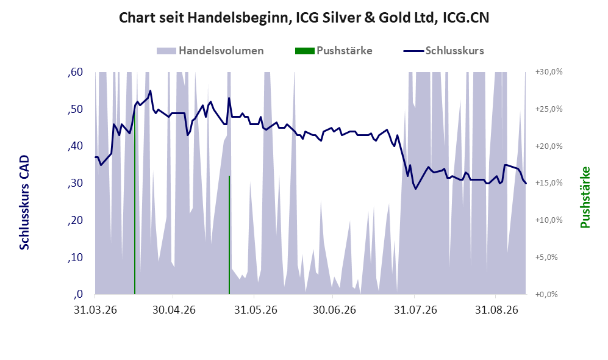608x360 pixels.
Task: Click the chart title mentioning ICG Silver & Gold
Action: [304, 18]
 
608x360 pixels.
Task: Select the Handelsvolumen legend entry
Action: [210, 51]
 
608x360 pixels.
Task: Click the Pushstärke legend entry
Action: [334, 51]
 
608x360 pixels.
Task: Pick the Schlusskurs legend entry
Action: [443, 51]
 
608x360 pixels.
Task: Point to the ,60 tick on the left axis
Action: [75, 72]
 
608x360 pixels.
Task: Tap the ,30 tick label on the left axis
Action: [75, 183]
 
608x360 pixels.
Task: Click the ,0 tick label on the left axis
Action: [77, 294]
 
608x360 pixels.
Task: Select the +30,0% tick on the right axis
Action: [549, 72]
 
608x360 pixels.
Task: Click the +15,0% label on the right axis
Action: [549, 183]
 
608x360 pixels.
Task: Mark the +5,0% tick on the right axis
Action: [546, 257]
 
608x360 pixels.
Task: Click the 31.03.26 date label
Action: [95, 311]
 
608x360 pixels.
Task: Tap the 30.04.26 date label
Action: [174, 311]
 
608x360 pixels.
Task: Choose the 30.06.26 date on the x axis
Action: [334, 311]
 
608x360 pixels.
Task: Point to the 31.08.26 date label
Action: [497, 311]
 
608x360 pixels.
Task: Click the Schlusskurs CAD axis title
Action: [24, 203]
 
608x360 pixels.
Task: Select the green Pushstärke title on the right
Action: [585, 198]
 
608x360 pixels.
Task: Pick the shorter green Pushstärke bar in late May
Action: [229, 235]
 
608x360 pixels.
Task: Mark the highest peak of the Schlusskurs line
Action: [150, 91]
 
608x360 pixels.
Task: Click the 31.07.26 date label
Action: [415, 311]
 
